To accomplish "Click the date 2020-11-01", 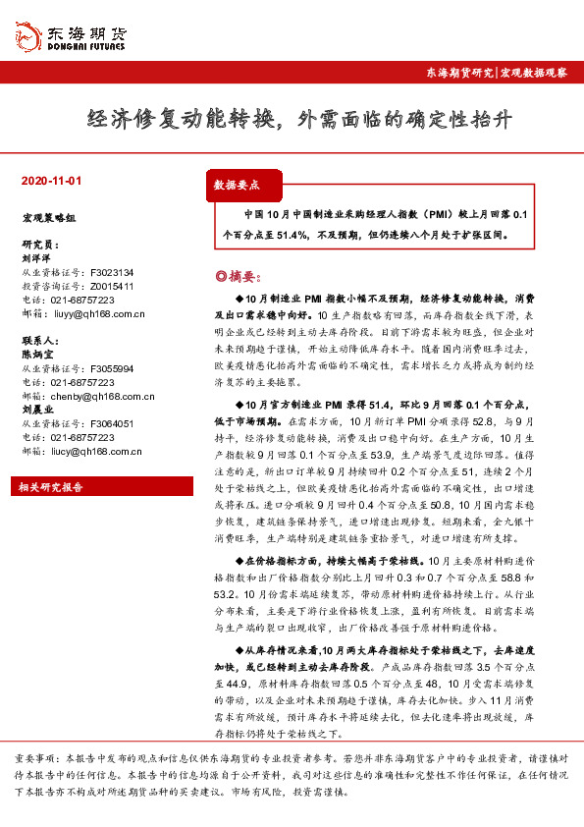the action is click(x=52, y=182).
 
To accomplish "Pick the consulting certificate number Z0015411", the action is click(x=112, y=287).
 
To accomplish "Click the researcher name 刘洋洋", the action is click(x=35, y=257).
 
